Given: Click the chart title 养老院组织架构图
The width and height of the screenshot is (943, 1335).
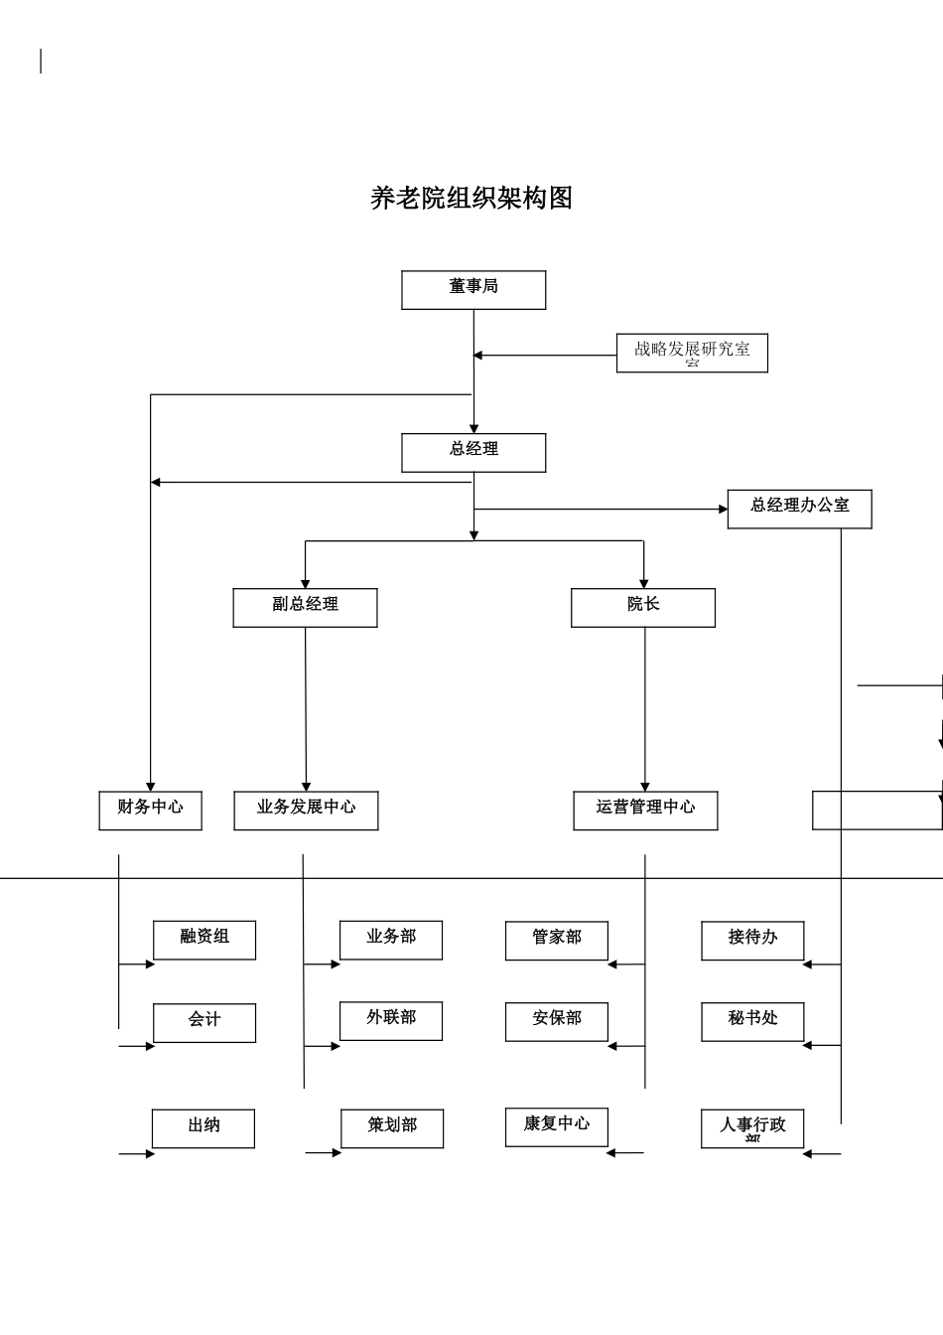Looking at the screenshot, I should (x=471, y=199).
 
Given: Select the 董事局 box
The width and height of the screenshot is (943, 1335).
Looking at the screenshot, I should (x=473, y=290).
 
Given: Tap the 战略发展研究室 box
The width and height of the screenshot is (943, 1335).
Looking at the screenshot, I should (x=692, y=353).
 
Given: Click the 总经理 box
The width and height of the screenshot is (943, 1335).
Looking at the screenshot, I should (x=473, y=452).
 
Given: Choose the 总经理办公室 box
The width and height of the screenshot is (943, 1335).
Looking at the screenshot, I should (x=799, y=509).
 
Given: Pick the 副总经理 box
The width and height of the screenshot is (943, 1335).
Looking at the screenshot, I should (x=305, y=607).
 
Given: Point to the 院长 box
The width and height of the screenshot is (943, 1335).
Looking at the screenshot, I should (x=642, y=607).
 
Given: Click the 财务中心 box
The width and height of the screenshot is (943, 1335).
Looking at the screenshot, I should (x=150, y=810).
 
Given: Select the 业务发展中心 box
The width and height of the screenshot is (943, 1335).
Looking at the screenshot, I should (x=306, y=810).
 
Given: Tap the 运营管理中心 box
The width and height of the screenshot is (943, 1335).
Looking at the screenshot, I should (x=645, y=810).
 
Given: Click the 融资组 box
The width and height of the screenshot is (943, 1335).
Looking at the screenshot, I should (x=204, y=940).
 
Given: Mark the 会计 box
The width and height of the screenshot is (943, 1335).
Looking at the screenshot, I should (x=204, y=1022).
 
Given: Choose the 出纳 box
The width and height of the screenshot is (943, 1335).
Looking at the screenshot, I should (x=203, y=1128).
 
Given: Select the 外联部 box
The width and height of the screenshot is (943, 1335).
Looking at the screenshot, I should (x=391, y=1020).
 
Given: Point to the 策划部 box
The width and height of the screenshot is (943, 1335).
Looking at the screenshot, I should (x=392, y=1128).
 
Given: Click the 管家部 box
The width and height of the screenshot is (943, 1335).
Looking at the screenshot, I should (x=556, y=940).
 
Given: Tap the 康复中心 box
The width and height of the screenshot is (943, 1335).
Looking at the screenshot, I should (x=556, y=1126).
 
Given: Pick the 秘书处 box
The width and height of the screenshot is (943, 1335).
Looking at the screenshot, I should (x=752, y=1021).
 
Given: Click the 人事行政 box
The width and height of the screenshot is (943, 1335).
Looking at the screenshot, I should (x=752, y=1128).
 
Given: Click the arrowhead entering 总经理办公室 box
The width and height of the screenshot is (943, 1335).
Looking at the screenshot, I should (x=723, y=510).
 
